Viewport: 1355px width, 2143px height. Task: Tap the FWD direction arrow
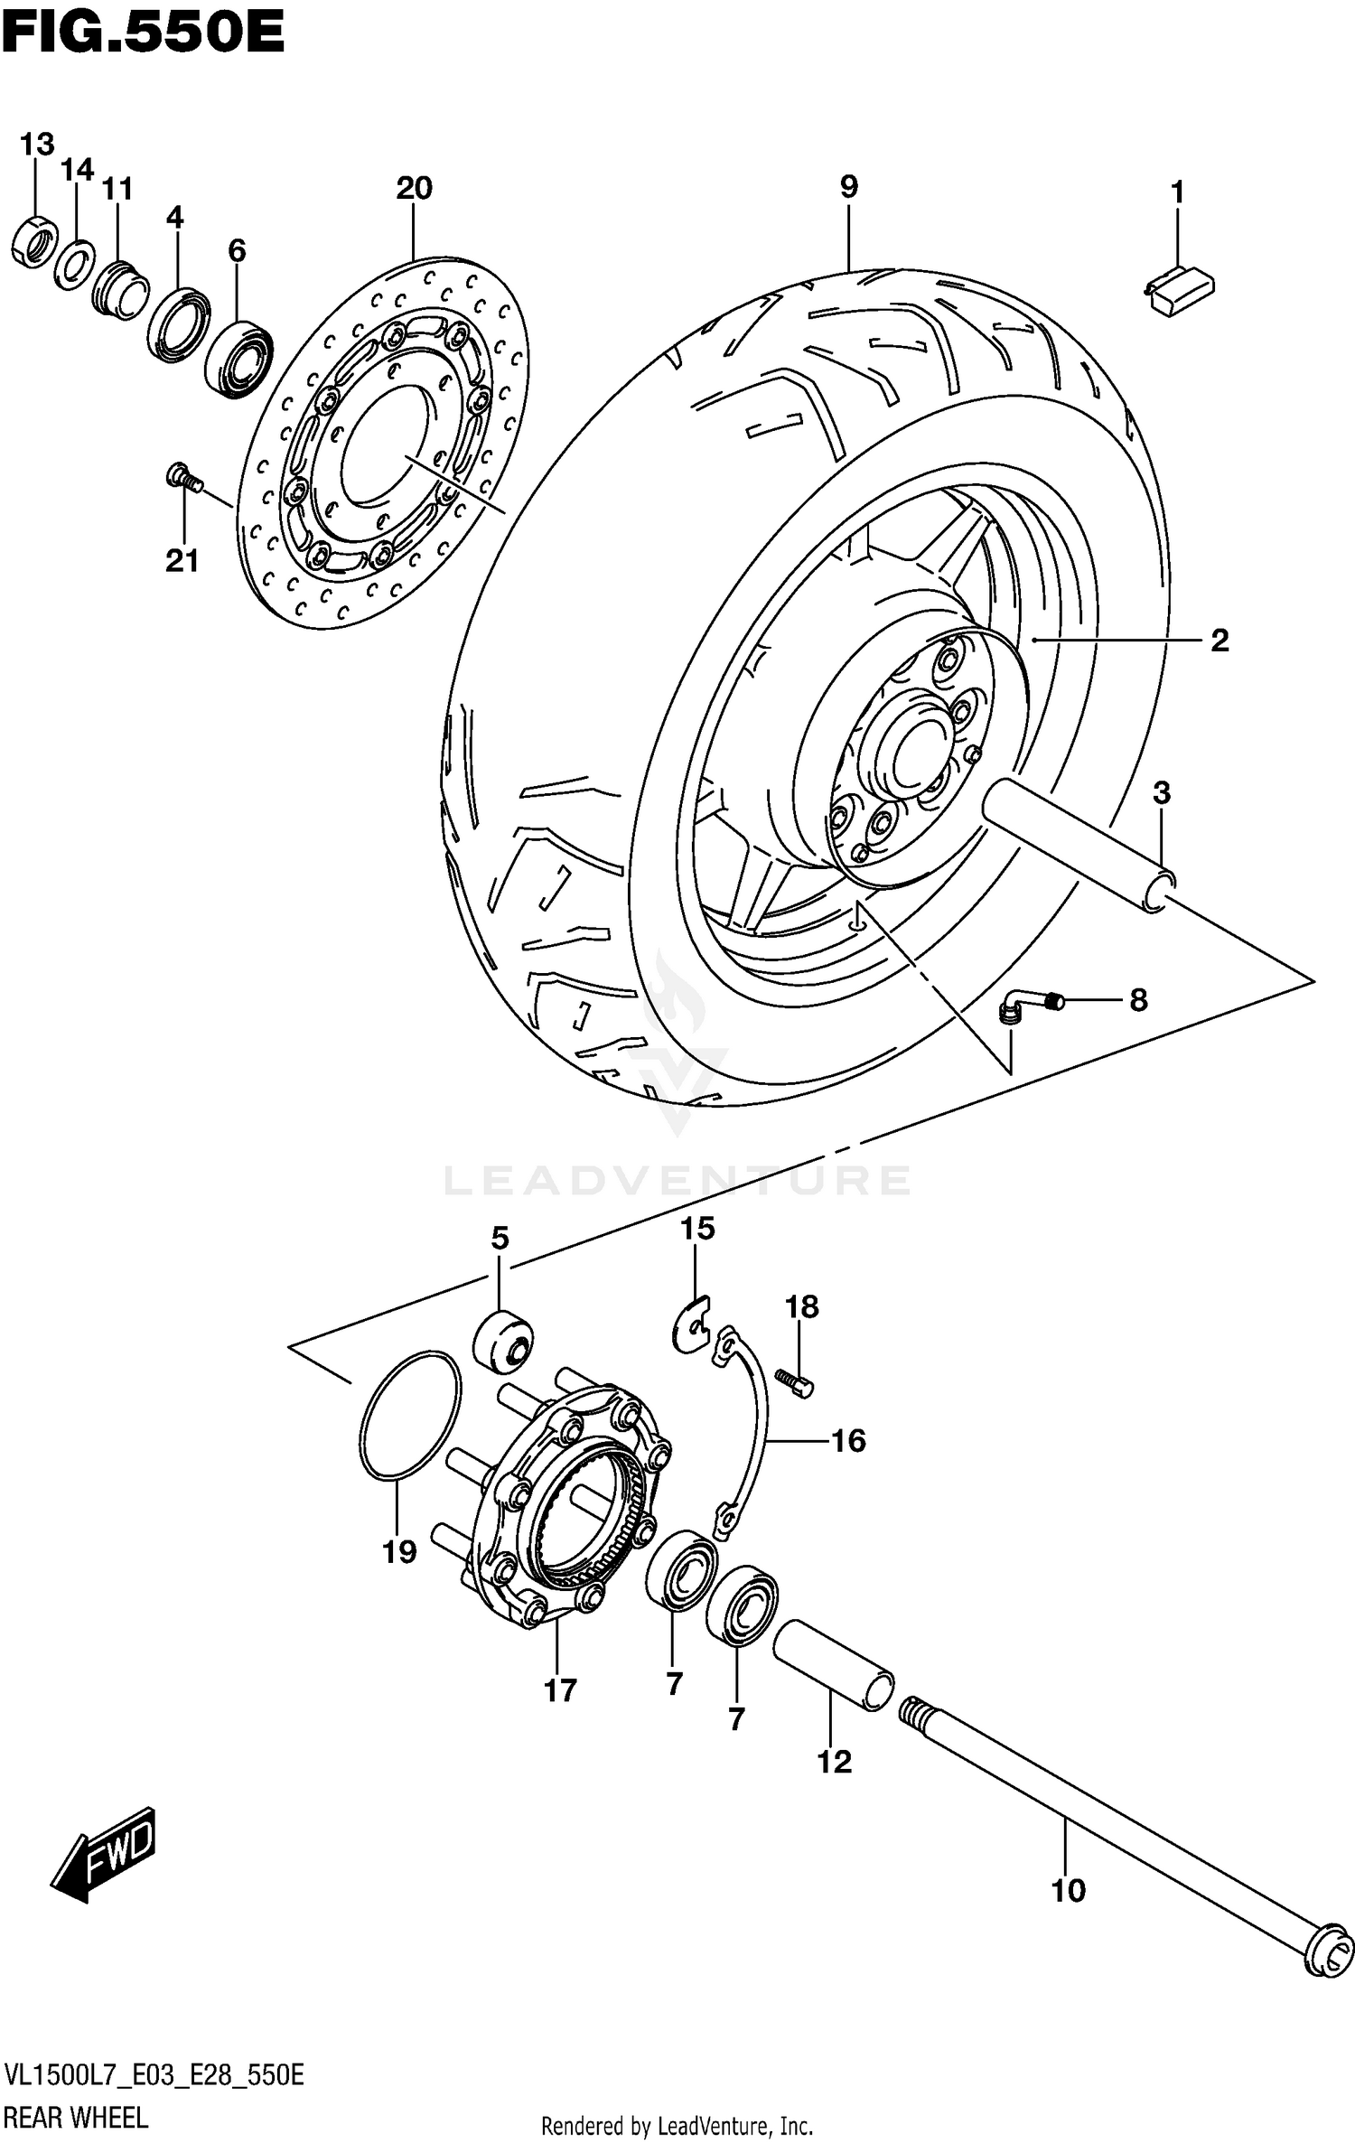point(104,1853)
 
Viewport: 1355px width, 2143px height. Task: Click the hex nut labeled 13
point(35,240)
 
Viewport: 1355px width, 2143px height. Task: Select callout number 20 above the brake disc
point(414,189)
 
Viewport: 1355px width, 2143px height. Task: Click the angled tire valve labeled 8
point(1030,1004)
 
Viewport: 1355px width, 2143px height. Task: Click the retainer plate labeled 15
point(694,1324)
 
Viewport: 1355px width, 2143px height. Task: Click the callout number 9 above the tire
point(848,187)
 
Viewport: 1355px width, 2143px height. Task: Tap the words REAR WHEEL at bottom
point(76,2116)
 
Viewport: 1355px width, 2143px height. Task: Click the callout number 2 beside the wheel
point(1219,641)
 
